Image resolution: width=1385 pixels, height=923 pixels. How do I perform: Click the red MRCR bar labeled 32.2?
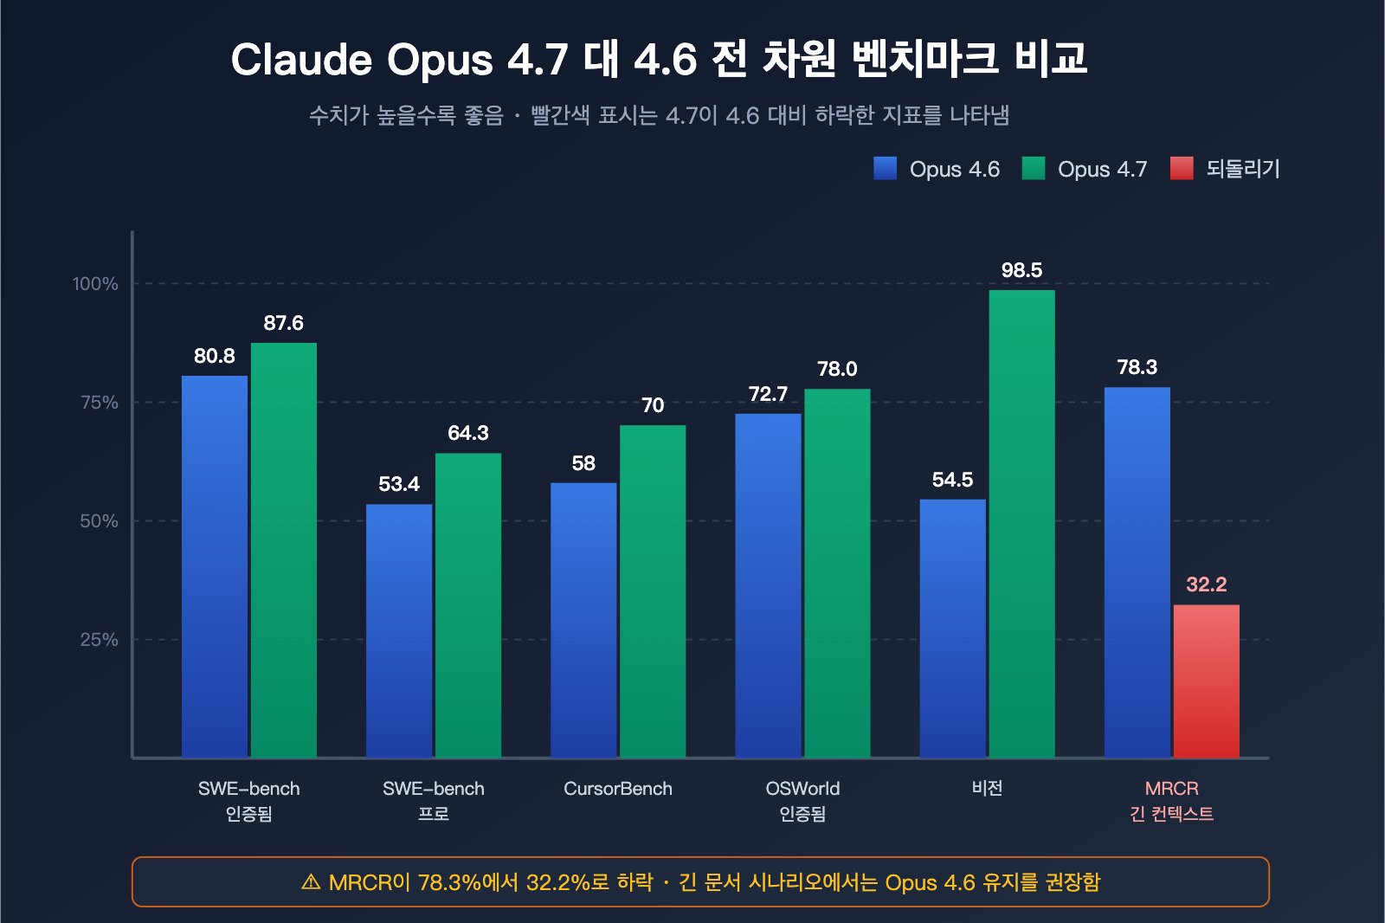[x=1206, y=681]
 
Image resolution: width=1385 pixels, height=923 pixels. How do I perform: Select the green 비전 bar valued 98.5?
[x=1021, y=524]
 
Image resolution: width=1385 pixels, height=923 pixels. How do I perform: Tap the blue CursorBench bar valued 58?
[x=583, y=620]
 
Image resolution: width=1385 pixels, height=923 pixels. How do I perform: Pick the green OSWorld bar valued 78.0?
[x=837, y=573]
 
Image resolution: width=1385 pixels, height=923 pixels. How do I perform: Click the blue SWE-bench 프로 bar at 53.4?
[x=399, y=630]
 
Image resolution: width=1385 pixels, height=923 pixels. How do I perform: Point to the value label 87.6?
[x=283, y=323]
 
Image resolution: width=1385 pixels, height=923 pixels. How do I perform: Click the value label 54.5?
[x=952, y=480]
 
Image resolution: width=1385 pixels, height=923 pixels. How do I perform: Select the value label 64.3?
[x=468, y=433]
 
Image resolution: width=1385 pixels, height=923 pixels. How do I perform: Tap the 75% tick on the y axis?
[x=99, y=403]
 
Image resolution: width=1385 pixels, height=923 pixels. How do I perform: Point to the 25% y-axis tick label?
[x=99, y=640]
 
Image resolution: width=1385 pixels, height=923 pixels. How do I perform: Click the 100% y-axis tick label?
[x=95, y=284]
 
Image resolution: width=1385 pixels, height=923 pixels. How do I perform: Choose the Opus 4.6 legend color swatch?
[x=885, y=168]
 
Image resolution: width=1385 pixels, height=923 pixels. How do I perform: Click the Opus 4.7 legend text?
[x=1102, y=169]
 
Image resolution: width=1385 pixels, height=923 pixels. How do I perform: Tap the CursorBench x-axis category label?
[x=617, y=789]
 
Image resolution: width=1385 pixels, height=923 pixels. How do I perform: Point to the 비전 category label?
[x=987, y=788]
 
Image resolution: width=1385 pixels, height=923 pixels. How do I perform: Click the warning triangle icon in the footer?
[x=311, y=882]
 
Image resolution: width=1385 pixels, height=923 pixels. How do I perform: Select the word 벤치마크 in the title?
[x=925, y=59]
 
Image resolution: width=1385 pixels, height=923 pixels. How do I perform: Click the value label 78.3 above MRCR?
[x=1137, y=367]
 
